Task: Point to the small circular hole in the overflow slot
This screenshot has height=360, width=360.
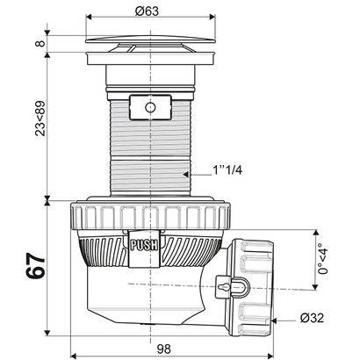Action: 149,106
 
